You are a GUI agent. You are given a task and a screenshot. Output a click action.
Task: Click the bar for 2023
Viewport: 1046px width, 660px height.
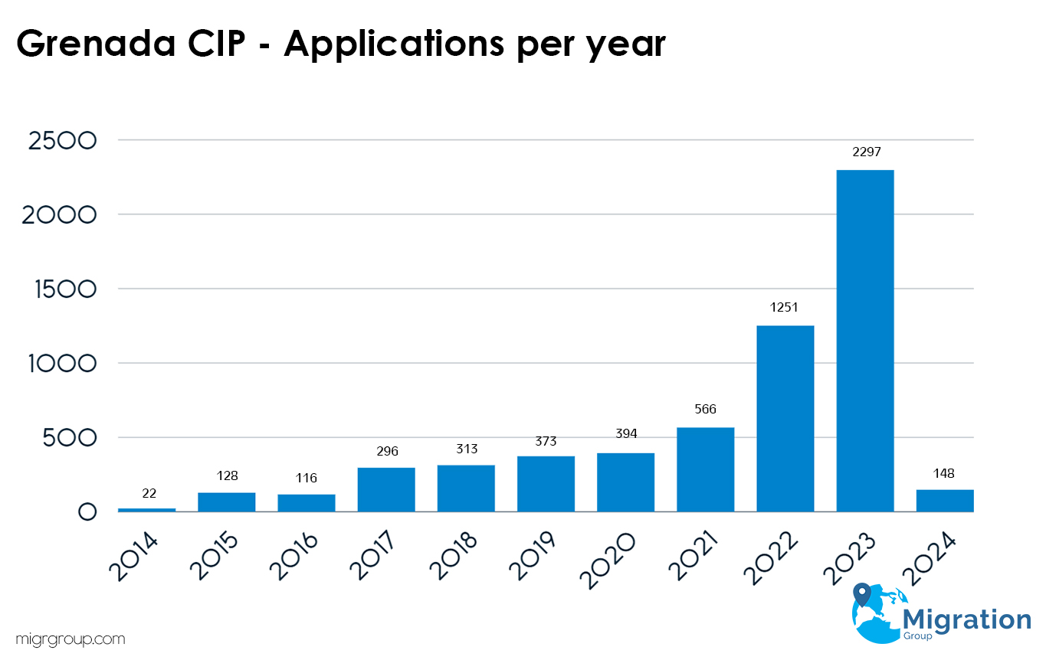[864, 341]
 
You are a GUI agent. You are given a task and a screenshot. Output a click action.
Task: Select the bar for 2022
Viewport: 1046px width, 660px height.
[785, 419]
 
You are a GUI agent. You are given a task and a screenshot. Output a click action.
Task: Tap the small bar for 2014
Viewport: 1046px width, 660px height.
[146, 509]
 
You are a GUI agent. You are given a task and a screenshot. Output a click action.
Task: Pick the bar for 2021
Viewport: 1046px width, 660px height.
[705, 469]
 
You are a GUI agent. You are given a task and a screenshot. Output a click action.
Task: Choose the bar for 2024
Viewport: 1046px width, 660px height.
[944, 501]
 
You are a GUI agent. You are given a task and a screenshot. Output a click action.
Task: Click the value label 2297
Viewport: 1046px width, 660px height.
[864, 152]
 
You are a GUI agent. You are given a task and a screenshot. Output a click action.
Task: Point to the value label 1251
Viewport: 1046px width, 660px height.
[785, 308]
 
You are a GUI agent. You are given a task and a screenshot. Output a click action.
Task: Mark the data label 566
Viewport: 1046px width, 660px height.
[705, 410]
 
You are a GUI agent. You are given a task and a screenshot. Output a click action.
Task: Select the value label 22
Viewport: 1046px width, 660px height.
[149, 493]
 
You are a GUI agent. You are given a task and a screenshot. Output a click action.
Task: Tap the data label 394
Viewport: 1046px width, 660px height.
[625, 435]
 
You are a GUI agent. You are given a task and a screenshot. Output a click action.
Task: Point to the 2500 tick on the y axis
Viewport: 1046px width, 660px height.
[61, 141]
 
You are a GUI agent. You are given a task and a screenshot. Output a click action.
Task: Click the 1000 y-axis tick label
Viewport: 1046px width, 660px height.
[61, 364]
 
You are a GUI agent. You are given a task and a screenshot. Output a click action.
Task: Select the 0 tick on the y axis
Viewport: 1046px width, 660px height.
[87, 512]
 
